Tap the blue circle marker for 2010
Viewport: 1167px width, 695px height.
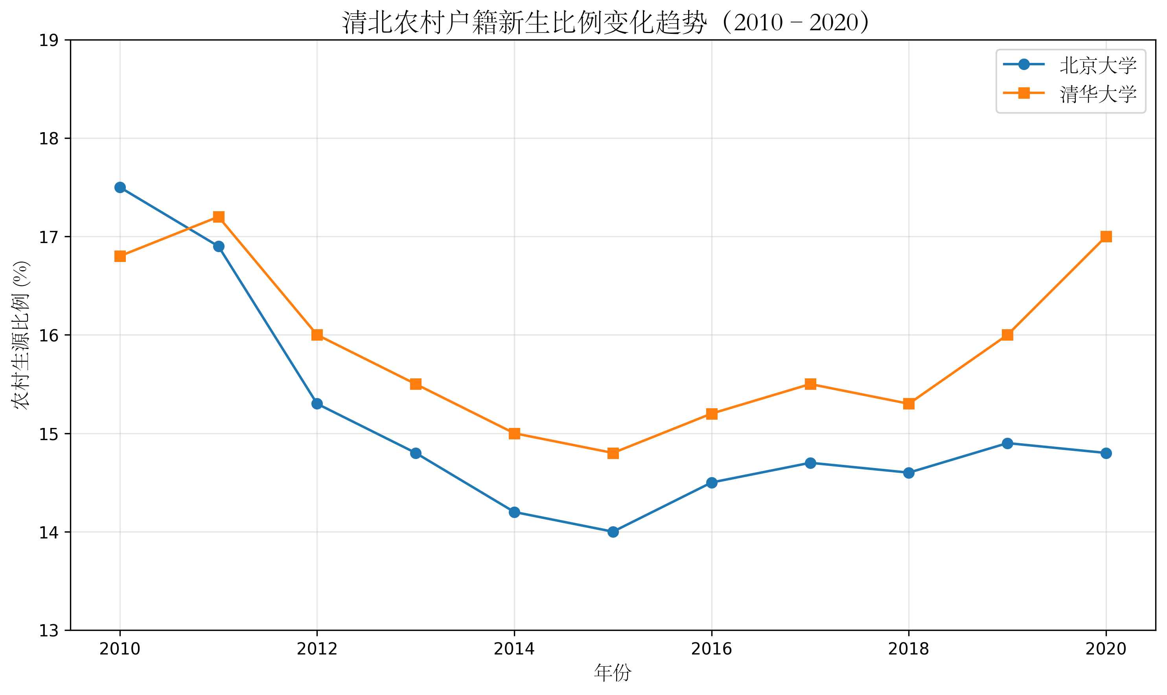click(x=120, y=187)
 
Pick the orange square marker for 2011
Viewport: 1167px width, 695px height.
click(x=219, y=217)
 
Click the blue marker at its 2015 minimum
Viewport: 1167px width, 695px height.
click(x=613, y=532)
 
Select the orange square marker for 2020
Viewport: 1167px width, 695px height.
click(x=1106, y=236)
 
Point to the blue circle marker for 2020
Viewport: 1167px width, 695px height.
click(x=1106, y=454)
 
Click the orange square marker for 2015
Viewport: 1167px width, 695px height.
click(x=613, y=454)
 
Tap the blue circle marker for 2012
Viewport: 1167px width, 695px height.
click(x=317, y=404)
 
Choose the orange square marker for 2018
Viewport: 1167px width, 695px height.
click(x=909, y=404)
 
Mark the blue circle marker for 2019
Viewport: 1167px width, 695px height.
click(x=1007, y=444)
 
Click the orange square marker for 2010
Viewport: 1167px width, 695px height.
click(x=120, y=256)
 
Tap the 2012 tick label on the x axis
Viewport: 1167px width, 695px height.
click(x=317, y=649)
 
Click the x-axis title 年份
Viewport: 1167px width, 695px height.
click(x=613, y=673)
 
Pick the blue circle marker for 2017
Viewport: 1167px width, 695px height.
click(x=810, y=463)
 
